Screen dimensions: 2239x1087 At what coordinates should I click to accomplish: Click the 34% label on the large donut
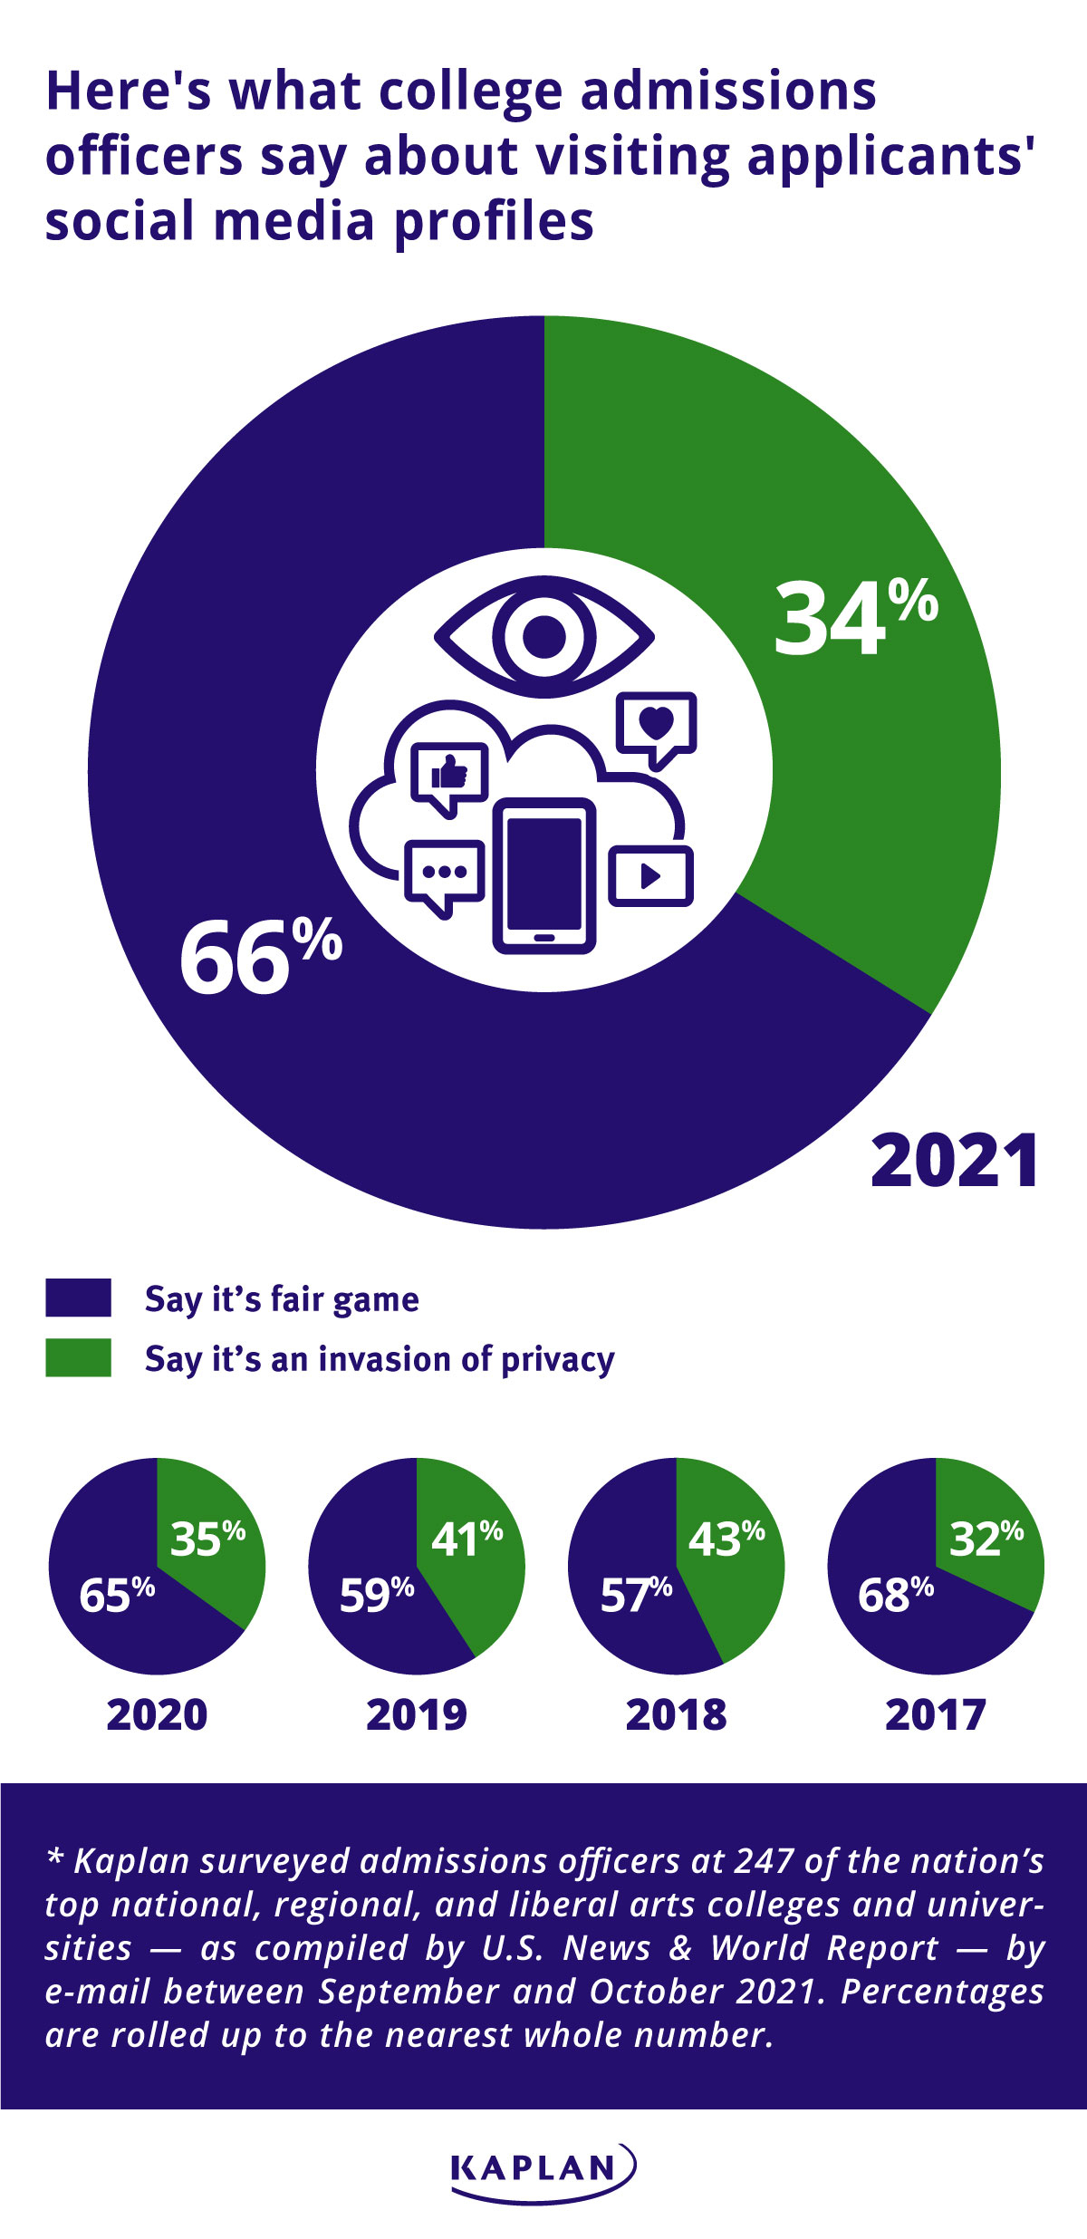(854, 619)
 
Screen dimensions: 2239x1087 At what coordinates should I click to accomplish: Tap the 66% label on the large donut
(260, 957)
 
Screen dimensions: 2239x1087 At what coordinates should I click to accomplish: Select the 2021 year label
(955, 1162)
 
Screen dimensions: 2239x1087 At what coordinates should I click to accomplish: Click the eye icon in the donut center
(544, 636)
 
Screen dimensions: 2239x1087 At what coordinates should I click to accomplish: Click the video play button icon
(650, 875)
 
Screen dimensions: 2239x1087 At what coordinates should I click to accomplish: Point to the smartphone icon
(544, 875)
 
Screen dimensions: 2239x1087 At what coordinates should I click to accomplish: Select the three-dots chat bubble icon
(444, 875)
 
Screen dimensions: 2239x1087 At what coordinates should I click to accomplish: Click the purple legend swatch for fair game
(79, 1298)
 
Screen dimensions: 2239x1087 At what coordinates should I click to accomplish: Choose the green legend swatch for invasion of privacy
(79, 1357)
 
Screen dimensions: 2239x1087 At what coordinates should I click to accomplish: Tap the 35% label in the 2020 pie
(207, 1539)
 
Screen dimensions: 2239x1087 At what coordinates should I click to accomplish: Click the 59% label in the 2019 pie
(376, 1595)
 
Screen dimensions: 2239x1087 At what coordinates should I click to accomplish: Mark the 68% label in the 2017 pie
(895, 1595)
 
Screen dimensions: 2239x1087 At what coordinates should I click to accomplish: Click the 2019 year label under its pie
(417, 1715)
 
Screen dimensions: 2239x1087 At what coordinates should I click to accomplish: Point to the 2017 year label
(936, 1715)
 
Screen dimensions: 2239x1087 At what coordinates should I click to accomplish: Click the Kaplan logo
(543, 2170)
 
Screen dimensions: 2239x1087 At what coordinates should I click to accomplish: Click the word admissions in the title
(728, 92)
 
